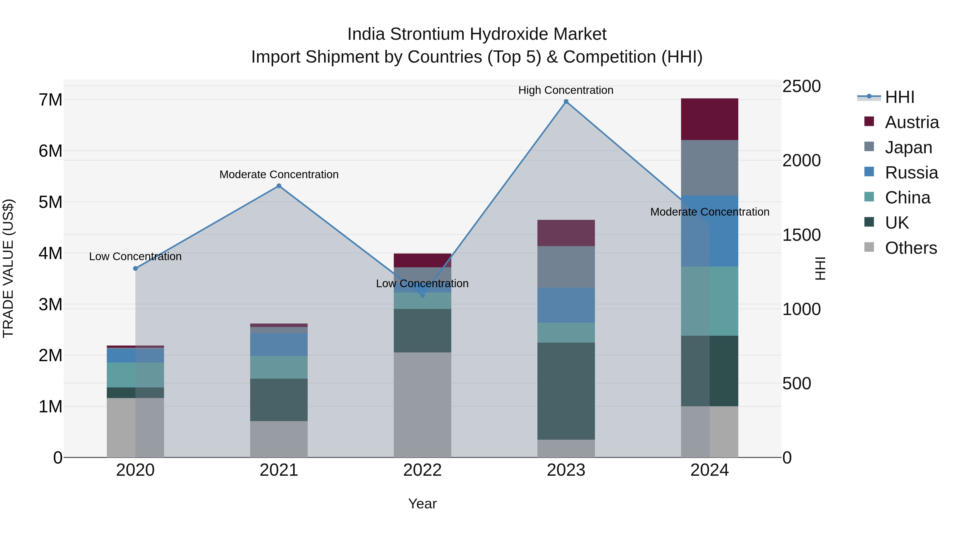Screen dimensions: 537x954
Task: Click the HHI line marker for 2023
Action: [x=566, y=102]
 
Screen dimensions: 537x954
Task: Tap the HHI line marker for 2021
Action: [x=279, y=186]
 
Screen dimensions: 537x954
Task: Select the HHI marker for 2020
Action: [x=135, y=268]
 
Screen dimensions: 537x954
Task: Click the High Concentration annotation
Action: [x=566, y=90]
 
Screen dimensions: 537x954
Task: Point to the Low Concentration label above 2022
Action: [x=422, y=283]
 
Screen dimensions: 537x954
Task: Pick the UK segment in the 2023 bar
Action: [x=566, y=391]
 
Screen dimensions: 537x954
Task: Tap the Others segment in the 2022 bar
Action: [x=422, y=405]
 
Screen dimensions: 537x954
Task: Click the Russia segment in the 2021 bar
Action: [x=279, y=344]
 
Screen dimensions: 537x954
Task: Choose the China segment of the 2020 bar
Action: [x=135, y=375]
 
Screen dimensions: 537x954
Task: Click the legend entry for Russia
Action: [x=911, y=173]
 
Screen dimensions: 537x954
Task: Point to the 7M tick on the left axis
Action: [x=50, y=100]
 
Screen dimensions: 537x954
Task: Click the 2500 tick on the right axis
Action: [x=801, y=86]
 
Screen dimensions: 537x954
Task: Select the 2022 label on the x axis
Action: [x=422, y=470]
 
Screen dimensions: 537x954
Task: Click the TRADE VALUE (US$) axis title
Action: [x=8, y=268]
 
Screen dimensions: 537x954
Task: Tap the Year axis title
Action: [x=422, y=504]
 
